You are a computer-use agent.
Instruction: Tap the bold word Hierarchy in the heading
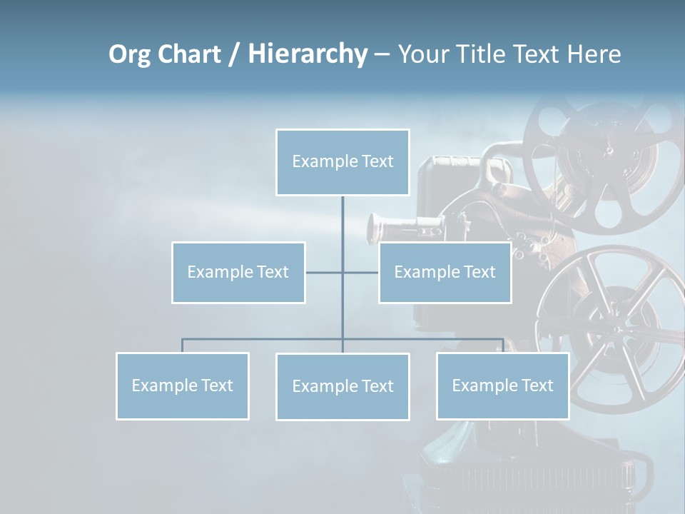pos(307,54)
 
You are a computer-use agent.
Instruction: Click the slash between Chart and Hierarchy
pos(233,55)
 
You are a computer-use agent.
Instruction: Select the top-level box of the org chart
pos(342,162)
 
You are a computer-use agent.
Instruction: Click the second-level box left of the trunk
pos(238,272)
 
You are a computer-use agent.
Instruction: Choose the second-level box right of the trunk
pos(445,272)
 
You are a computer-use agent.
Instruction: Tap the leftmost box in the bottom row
pos(182,385)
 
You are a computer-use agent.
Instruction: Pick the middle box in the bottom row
pos(342,386)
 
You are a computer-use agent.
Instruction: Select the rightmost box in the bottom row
pos(502,385)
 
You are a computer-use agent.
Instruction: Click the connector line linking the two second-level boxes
pos(325,272)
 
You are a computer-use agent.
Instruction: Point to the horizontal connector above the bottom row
pos(264,339)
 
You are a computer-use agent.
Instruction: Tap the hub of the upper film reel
pos(608,151)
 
